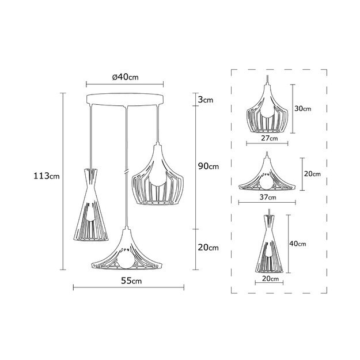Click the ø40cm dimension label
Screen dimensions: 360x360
click(x=126, y=77)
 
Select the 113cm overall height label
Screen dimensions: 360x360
click(x=47, y=176)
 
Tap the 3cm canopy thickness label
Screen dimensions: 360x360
click(x=205, y=100)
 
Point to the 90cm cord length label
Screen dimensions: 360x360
click(x=209, y=166)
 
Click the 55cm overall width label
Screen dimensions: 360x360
click(x=131, y=281)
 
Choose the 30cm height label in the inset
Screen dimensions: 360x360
click(x=303, y=108)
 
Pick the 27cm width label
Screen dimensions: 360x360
click(x=270, y=138)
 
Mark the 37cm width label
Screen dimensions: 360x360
click(x=268, y=197)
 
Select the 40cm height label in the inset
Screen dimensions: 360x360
click(x=298, y=244)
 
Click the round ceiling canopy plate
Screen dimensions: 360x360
click(x=125, y=99)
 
